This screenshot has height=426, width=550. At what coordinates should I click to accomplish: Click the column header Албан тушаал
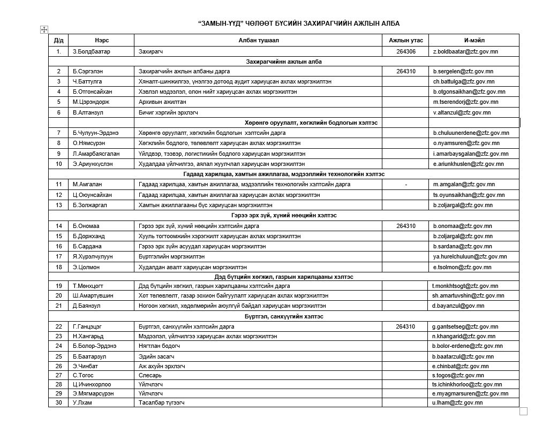click(x=258, y=41)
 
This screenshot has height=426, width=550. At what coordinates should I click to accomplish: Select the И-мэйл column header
click(x=474, y=41)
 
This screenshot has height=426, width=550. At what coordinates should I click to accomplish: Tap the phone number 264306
click(x=406, y=51)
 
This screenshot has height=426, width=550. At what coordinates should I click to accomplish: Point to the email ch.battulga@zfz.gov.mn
click(x=463, y=82)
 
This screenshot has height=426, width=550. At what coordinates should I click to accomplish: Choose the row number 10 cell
click(x=58, y=164)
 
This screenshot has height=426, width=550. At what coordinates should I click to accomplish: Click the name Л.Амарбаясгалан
click(x=96, y=154)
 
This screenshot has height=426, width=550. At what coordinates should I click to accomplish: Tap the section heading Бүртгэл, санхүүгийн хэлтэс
click(x=284, y=316)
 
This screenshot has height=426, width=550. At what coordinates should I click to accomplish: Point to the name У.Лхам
click(x=82, y=403)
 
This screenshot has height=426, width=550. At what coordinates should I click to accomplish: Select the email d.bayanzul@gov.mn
click(x=458, y=306)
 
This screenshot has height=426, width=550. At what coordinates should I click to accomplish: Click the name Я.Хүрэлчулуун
click(x=93, y=257)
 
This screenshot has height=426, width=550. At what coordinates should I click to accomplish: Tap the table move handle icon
click(x=44, y=29)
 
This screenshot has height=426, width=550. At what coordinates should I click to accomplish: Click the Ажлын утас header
click(x=406, y=41)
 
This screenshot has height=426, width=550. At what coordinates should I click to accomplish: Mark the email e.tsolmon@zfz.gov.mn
click(x=462, y=267)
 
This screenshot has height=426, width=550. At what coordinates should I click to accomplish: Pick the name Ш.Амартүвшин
click(x=93, y=295)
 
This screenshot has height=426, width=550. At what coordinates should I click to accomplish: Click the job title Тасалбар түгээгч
click(x=162, y=403)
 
